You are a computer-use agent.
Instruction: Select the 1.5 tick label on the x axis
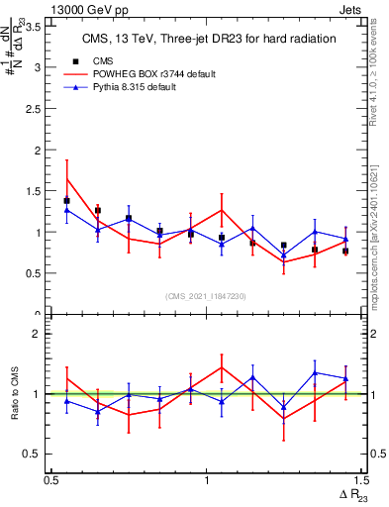360,480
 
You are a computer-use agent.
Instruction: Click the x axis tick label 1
206,480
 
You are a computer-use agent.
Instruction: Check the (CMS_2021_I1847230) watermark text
205,295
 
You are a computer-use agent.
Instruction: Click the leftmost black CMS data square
66,201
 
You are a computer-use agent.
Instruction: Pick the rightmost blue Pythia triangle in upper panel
345,240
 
